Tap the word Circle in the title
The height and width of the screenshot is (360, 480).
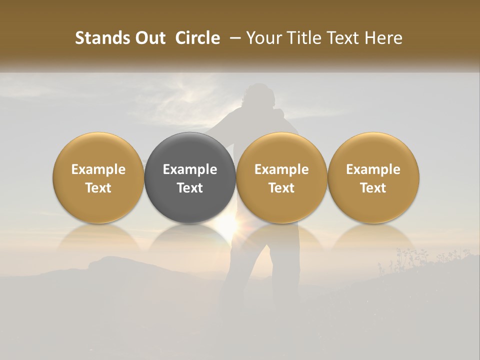coord(197,38)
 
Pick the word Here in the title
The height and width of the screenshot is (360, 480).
coord(383,38)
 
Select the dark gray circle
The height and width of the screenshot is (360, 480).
coord(190,178)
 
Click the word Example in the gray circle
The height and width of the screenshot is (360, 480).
coord(190,169)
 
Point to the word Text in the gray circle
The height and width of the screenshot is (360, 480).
coord(190,188)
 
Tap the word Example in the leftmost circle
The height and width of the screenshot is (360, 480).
coord(98,169)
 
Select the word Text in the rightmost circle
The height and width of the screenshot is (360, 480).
coord(373,188)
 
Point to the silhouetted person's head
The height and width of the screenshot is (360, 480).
coord(258,95)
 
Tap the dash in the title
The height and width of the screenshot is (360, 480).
coord(233,38)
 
